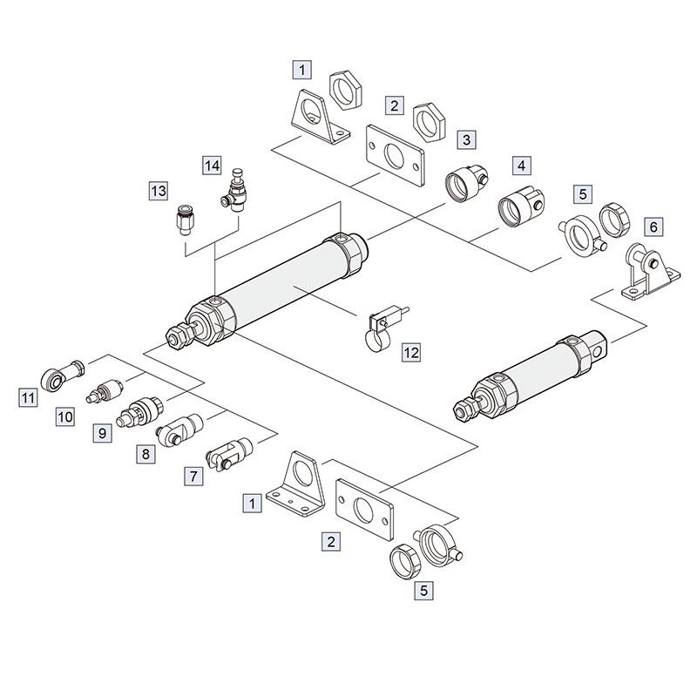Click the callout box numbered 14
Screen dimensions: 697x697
tap(212, 166)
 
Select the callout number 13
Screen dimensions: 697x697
tap(158, 191)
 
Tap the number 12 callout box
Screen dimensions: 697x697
tap(411, 353)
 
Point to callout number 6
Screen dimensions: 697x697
tap(653, 227)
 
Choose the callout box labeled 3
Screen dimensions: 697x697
tap(466, 139)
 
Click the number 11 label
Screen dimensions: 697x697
tap(28, 397)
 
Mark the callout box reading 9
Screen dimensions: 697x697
tap(102, 432)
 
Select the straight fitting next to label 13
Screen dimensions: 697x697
tap(183, 220)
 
